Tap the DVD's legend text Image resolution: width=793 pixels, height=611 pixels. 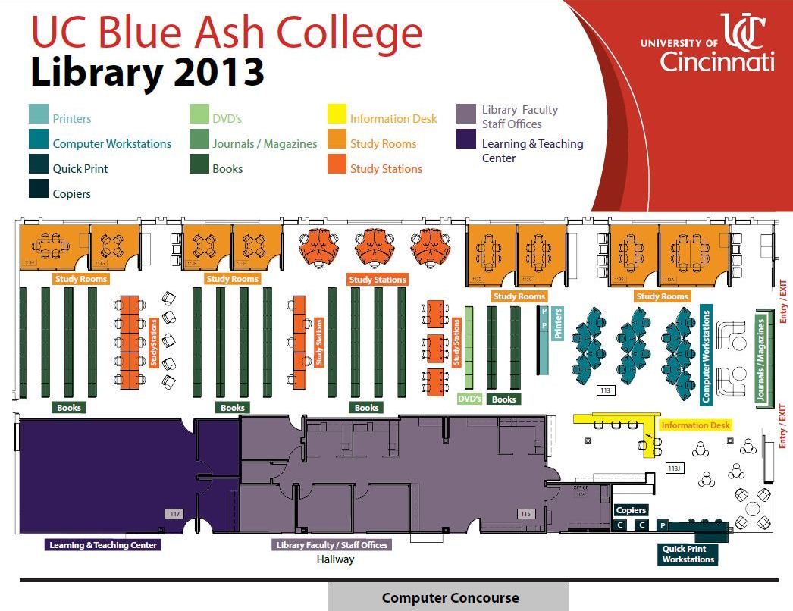[x=227, y=119]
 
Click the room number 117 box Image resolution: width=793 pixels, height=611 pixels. [x=175, y=514]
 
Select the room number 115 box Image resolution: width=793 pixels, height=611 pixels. [x=525, y=514]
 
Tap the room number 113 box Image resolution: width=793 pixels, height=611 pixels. [x=605, y=390]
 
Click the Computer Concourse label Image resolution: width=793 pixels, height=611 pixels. [x=450, y=597]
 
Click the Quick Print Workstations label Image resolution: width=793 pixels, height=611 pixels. [x=688, y=554]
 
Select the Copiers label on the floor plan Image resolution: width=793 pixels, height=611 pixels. [x=631, y=510]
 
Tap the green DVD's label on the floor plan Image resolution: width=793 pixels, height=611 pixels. [x=470, y=399]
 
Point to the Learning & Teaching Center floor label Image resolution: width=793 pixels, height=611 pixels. [x=103, y=545]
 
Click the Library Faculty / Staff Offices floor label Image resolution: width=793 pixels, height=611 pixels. [x=331, y=545]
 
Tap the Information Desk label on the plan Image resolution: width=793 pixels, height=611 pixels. [x=695, y=425]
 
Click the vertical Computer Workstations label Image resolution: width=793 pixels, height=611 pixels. [x=706, y=354]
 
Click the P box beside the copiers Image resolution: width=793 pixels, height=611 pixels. [x=662, y=525]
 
